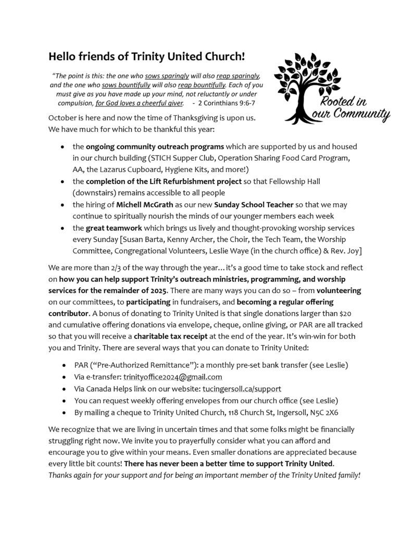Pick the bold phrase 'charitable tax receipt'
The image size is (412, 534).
[176, 336]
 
